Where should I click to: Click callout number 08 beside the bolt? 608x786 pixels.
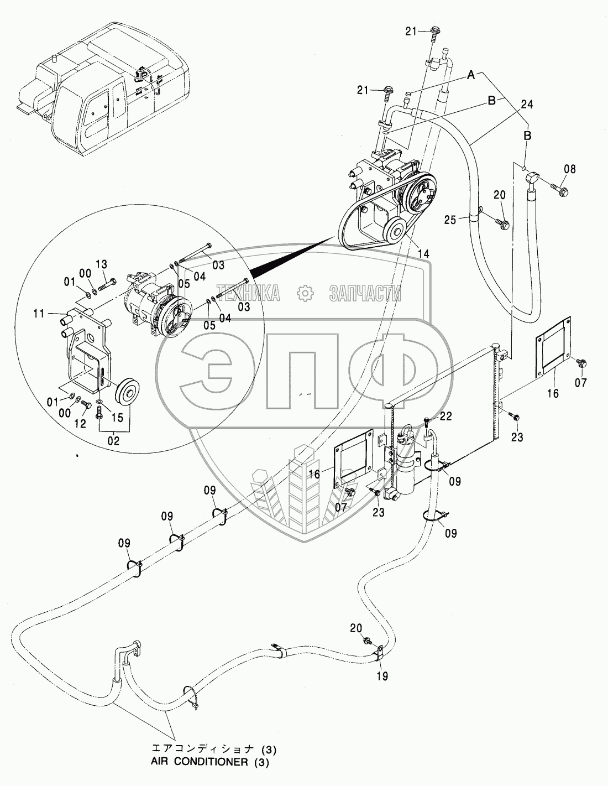(570, 169)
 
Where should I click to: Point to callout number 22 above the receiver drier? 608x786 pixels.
(445, 416)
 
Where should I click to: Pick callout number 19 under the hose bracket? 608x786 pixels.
(382, 675)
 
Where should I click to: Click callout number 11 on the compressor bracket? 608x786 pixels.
(38, 314)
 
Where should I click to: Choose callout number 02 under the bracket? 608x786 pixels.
(113, 441)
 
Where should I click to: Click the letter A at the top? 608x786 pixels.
(471, 76)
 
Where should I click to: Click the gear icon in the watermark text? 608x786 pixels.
(303, 293)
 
